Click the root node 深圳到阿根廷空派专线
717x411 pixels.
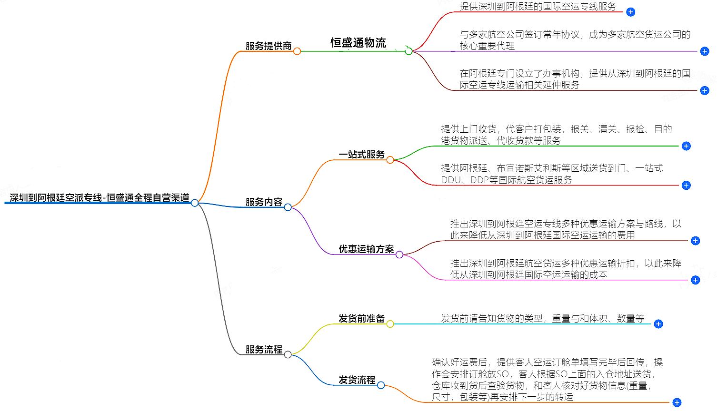pyautogui.click(x=99, y=197)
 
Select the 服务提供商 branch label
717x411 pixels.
pyautogui.click(x=268, y=46)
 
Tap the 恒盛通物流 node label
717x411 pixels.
pyautogui.click(x=358, y=43)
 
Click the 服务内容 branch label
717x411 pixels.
pyautogui.click(x=264, y=202)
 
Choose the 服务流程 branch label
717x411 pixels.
pyautogui.click(x=264, y=349)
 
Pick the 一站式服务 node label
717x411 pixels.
pyautogui.click(x=361, y=154)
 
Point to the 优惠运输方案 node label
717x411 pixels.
pyautogui.click(x=366, y=249)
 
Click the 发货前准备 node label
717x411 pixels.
pyautogui.click(x=361, y=318)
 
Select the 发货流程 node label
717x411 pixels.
pyautogui.click(x=357, y=380)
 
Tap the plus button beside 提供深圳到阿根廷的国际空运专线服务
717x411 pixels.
pyautogui.click(x=630, y=12)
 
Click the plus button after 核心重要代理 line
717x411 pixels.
pyautogui.click(x=705, y=51)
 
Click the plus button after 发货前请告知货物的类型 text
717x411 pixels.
pyautogui.click(x=658, y=324)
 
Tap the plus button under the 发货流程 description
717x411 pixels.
pyautogui.click(x=677, y=402)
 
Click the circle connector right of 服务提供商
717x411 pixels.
pyautogui.click(x=297, y=51)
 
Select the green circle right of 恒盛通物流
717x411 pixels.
pyautogui.click(x=408, y=51)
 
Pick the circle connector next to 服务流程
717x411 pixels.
pyautogui.click(x=288, y=354)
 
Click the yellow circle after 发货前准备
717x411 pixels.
pyautogui.click(x=390, y=324)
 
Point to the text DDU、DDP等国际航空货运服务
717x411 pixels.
pyautogui.click(x=506, y=180)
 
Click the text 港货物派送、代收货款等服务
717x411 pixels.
pyautogui.click(x=500, y=140)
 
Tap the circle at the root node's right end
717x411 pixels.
pyautogui.click(x=195, y=203)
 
